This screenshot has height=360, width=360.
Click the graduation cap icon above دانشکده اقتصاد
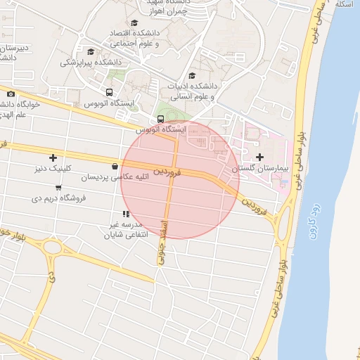134,22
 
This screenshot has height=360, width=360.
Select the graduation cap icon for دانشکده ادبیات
192,76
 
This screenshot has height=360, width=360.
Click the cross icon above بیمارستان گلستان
259,157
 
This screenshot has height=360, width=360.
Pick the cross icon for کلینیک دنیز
53,157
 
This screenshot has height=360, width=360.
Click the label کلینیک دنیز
53,169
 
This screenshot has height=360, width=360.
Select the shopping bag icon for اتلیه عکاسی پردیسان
114,167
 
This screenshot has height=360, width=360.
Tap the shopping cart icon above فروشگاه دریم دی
58,187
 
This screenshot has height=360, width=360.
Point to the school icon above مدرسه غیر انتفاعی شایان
125,213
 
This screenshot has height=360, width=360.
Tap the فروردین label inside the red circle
169,171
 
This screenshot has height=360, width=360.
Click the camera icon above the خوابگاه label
11,94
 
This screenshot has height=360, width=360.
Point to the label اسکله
344,4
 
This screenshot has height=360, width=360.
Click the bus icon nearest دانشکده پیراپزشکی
108,92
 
